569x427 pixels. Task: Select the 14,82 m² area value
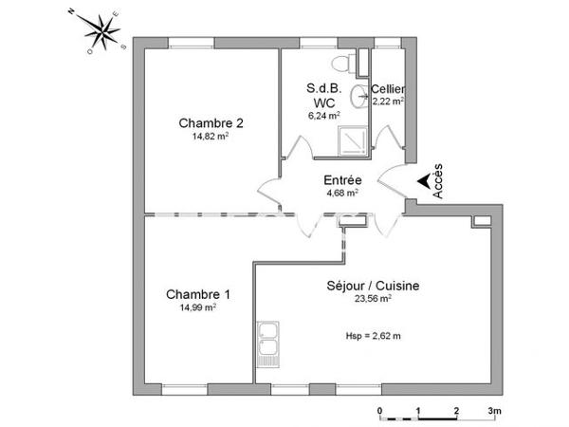tap(210, 137)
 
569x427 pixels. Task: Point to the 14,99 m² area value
tap(195, 307)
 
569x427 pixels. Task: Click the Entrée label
tap(341, 179)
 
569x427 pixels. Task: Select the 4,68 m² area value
tap(341, 193)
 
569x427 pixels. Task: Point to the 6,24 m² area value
tap(323, 115)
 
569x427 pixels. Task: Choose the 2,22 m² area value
tap(389, 101)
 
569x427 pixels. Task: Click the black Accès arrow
tap(422, 184)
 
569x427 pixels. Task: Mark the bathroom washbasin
tap(360, 95)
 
